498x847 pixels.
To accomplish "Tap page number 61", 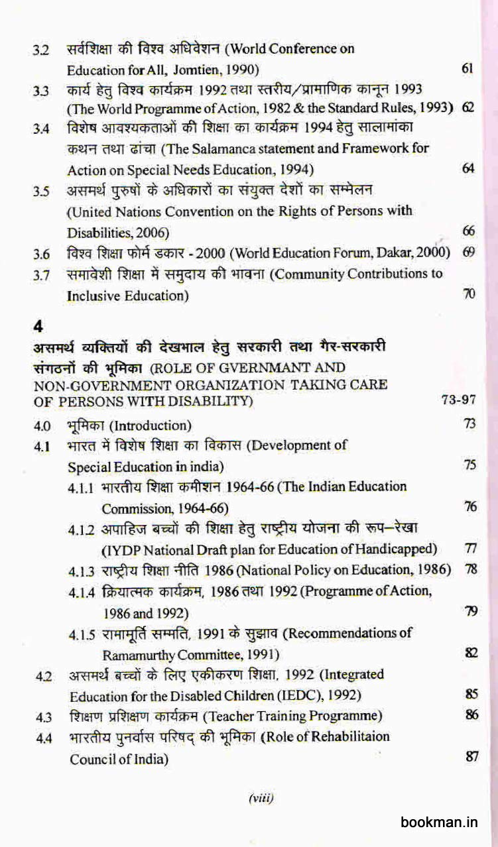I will pyautogui.click(x=466, y=69).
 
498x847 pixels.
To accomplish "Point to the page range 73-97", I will pyautogui.click(x=459, y=400).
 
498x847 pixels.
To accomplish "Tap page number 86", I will pyautogui.click(x=471, y=716).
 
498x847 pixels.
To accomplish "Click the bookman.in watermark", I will pyautogui.click(x=439, y=822).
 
